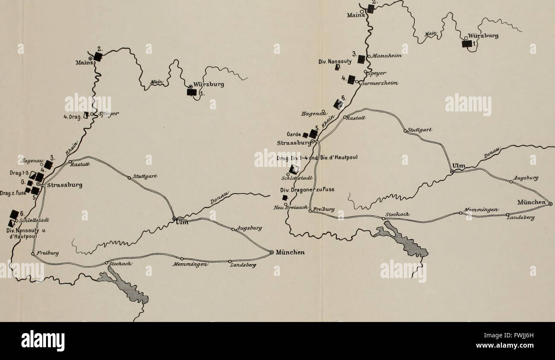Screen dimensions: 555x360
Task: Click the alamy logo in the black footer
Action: tap(43, 341)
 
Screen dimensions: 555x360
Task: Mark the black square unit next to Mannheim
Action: tap(362, 59)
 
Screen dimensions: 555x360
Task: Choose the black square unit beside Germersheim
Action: tap(351, 79)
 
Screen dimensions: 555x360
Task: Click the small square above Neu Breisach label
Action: tap(285, 197)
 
